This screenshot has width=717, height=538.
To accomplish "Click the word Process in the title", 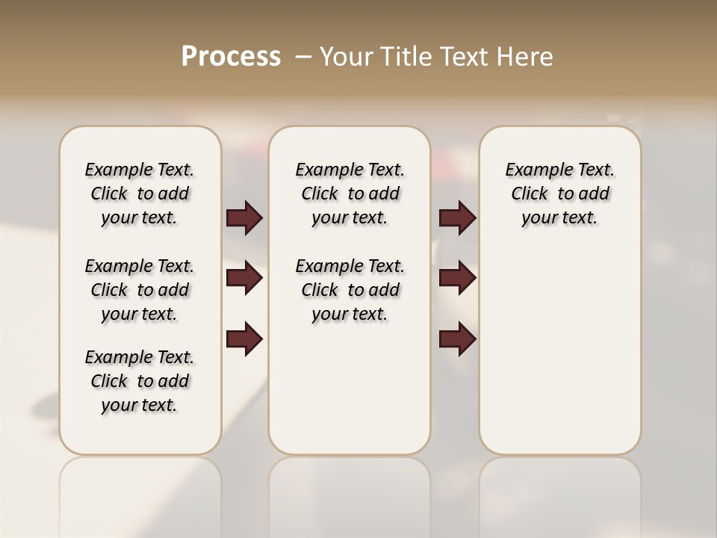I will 231,56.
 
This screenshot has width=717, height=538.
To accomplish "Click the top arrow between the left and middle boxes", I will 244,218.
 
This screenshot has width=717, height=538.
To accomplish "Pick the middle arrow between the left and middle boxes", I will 244,278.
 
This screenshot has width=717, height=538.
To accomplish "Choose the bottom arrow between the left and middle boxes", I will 244,339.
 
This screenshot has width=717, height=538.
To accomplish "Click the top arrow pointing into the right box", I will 457,218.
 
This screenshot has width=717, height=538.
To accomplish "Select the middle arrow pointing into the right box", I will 457,278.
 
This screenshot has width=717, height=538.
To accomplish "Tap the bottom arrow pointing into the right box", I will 457,339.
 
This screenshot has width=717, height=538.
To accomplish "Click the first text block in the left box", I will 140,194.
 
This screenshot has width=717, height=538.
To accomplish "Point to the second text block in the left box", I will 140,290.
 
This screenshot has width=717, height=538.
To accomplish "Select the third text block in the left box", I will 140,381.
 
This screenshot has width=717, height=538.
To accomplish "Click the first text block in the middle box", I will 350,194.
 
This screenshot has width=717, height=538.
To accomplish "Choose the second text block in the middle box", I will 350,290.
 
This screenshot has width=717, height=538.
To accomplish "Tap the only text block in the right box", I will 559,194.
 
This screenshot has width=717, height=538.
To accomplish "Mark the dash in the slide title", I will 303,57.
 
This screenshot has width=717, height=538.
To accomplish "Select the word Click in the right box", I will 530,194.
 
